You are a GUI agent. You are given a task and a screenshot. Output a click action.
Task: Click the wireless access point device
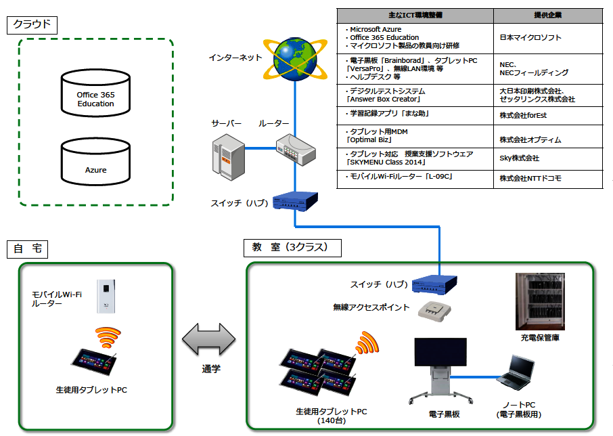point(432,309)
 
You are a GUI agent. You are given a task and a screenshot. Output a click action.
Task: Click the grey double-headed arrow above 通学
point(208,339)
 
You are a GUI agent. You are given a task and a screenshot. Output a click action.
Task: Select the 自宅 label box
point(28,248)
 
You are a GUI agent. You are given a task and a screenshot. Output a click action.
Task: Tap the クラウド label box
point(32,25)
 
